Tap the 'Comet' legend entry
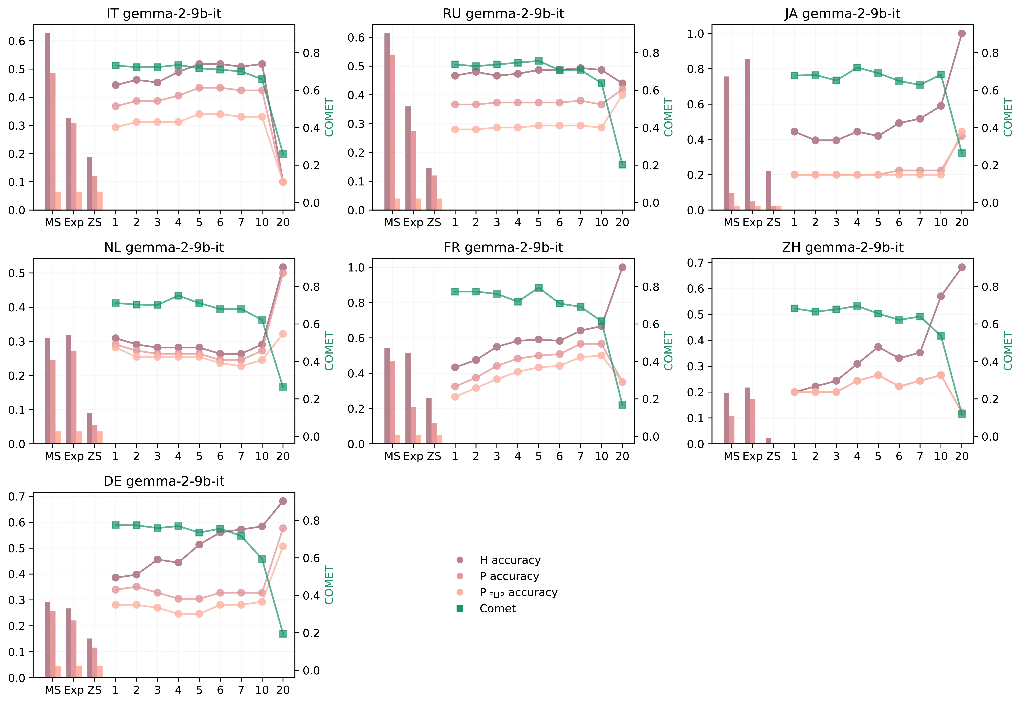click(497, 609)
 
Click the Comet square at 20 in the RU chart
click(622, 164)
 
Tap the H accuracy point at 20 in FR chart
click(622, 267)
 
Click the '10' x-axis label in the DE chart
click(262, 690)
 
